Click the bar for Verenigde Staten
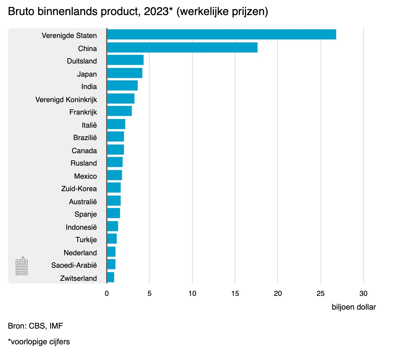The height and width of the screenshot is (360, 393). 221,34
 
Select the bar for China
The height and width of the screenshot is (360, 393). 182,47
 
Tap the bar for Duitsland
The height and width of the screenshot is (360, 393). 125,60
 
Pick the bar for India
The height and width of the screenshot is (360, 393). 122,85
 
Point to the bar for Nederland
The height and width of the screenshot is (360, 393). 111,252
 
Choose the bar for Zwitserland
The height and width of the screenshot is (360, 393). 110,277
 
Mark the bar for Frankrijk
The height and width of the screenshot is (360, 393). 119,111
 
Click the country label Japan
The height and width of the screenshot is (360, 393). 87,74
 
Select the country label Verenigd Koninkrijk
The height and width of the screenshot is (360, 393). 66,99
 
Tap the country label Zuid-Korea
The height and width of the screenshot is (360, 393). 79,189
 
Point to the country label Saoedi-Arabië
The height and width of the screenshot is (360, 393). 74,265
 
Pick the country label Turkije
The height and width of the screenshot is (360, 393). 86,240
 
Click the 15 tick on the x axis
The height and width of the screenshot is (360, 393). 235,293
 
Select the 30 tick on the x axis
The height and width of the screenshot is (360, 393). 363,293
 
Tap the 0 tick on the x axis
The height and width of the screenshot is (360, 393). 107,293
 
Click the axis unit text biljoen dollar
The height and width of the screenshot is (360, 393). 354,307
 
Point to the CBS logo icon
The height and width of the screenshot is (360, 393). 22,266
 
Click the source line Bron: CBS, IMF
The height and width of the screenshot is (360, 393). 35,326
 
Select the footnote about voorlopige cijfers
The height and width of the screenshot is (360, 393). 39,342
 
